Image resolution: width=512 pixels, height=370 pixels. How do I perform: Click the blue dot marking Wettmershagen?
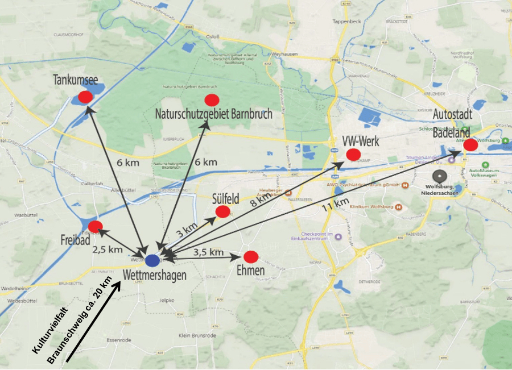(152, 261)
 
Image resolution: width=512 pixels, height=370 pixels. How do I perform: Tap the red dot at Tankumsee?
(85, 97)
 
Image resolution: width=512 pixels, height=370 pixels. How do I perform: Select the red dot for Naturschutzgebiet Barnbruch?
(212, 100)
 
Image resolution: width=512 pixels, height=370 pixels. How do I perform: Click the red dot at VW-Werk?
(353, 154)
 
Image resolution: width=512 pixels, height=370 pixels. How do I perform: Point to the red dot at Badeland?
(470, 145)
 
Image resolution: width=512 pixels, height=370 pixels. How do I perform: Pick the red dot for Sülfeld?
(222, 211)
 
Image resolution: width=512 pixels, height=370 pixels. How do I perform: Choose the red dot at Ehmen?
(251, 256)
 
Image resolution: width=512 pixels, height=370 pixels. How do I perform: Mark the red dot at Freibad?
(96, 226)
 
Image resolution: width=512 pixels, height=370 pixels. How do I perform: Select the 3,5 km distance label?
(208, 252)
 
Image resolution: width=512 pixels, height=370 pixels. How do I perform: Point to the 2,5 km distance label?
(108, 249)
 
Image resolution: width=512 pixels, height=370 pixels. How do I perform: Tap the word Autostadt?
(453, 115)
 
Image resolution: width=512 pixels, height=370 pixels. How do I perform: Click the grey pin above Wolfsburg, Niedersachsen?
(439, 176)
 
